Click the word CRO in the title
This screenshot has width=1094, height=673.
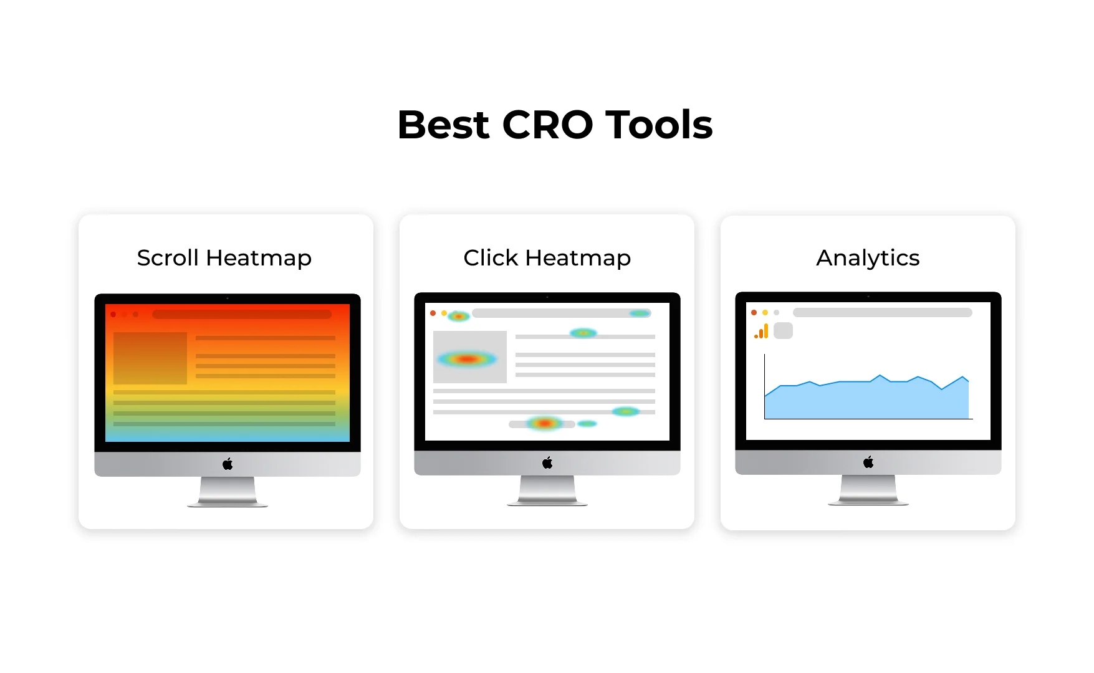click(x=547, y=125)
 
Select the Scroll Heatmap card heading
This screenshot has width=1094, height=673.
click(x=224, y=258)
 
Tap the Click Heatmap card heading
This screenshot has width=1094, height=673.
click(x=547, y=258)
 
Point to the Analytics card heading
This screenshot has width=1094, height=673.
click(x=868, y=258)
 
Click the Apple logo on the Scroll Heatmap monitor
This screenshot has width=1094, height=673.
click(x=228, y=464)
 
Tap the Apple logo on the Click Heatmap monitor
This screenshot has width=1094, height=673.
click(x=547, y=462)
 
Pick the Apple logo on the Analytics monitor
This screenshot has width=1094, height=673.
click(x=868, y=462)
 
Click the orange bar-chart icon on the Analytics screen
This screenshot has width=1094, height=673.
click(x=761, y=332)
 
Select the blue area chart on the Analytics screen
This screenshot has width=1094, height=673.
click(x=866, y=402)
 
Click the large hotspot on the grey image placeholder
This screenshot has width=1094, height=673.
click(x=467, y=359)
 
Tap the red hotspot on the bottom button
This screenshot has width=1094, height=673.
click(x=544, y=424)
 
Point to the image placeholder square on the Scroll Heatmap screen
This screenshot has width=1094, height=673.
click(x=150, y=358)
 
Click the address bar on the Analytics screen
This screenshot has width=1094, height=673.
click(x=882, y=313)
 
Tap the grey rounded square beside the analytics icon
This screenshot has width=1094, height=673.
click(x=783, y=331)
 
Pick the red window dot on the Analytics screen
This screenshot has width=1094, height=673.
click(x=754, y=313)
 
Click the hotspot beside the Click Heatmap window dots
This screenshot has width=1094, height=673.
click(x=459, y=316)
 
